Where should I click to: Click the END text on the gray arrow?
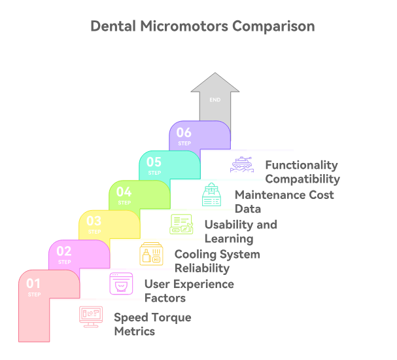pyautogui.click(x=215, y=100)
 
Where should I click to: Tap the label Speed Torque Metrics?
pyautogui.click(x=152, y=324)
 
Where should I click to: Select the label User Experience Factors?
pyautogui.click(x=188, y=291)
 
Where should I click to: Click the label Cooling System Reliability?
pyautogui.click(x=216, y=261)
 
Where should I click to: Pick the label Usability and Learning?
pyautogui.click(x=240, y=231)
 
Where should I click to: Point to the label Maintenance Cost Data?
pyautogui.click(x=284, y=202)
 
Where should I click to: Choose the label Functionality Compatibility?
pyautogui.click(x=302, y=172)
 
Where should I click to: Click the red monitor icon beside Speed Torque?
pyautogui.click(x=91, y=317)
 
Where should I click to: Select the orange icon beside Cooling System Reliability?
pyautogui.click(x=151, y=254)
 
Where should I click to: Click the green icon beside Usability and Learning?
pyautogui.click(x=181, y=225)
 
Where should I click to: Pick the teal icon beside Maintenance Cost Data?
pyautogui.click(x=211, y=195)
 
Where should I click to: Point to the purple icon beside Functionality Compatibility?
pyautogui.click(x=241, y=165)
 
